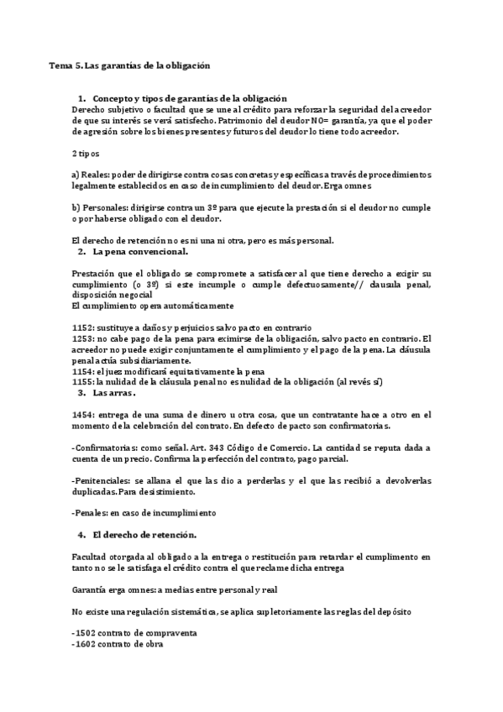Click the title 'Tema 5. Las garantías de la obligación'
click(128, 65)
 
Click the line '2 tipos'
click(86, 154)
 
